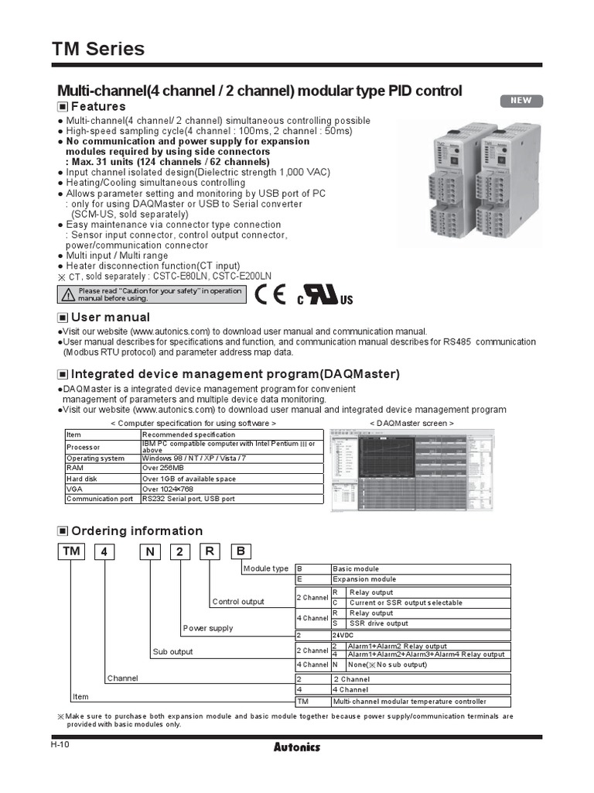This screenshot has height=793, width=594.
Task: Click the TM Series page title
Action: click(x=98, y=49)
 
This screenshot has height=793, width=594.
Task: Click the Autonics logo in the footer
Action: click(x=297, y=747)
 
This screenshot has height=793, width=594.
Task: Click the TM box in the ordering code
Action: click(x=70, y=551)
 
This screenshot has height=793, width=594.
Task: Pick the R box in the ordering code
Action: click(x=209, y=551)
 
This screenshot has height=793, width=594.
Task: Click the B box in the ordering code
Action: click(x=241, y=551)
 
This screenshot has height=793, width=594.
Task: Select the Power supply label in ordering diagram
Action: click(x=207, y=628)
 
